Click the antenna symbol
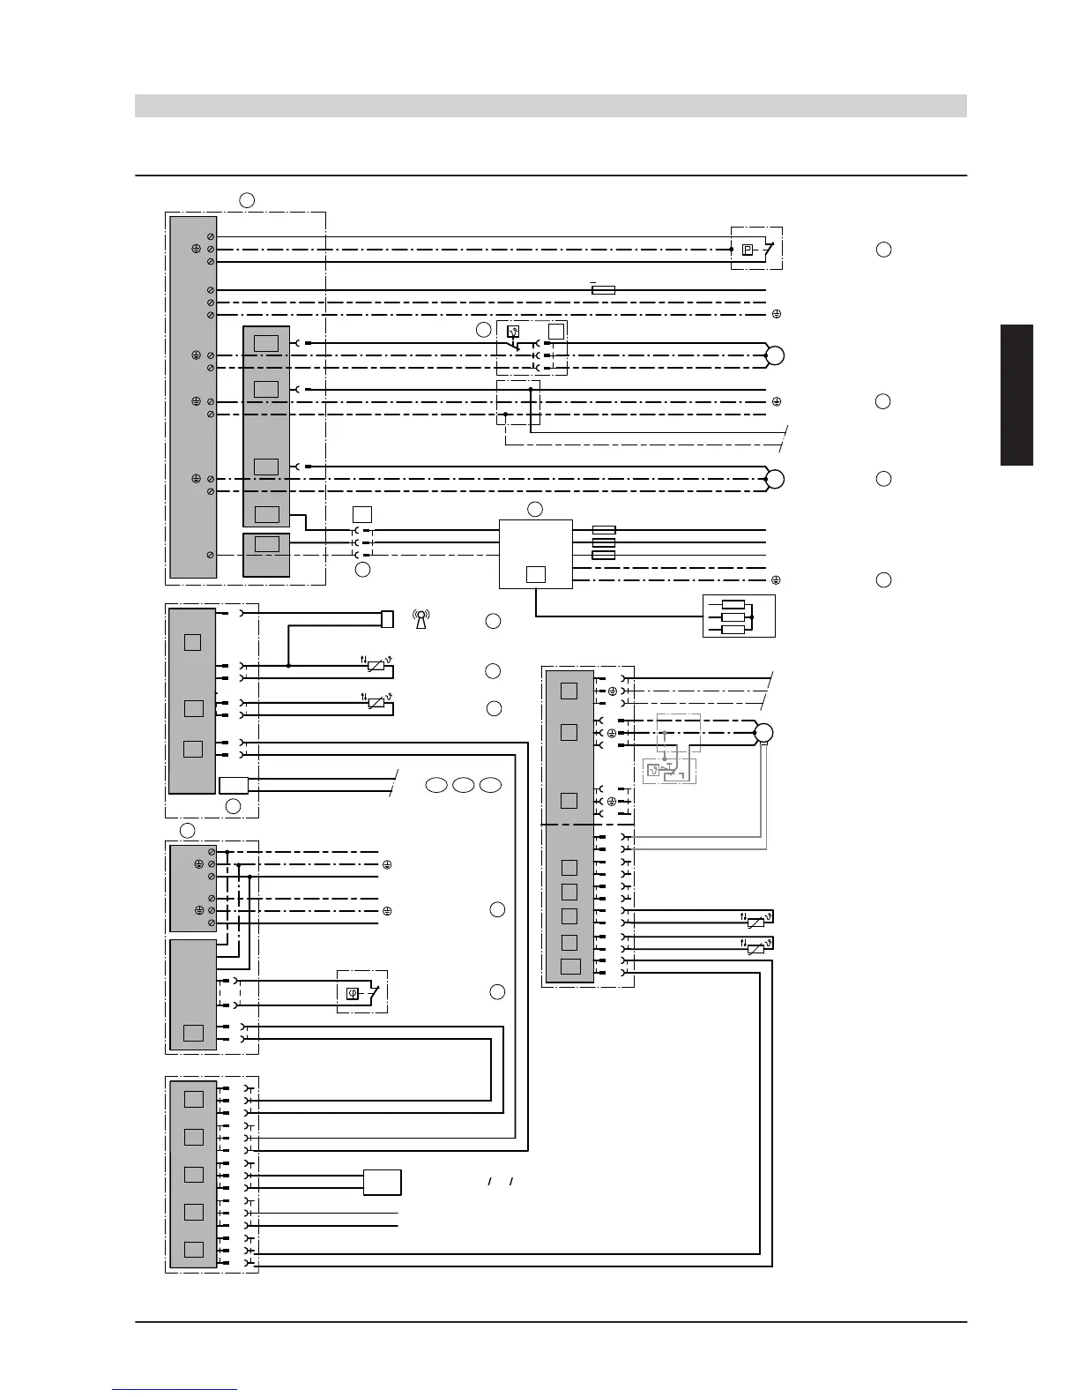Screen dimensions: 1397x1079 click(421, 620)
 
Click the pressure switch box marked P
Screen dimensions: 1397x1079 click(748, 250)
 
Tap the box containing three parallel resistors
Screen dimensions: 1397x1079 click(739, 616)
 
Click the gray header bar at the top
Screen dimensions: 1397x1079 click(550, 106)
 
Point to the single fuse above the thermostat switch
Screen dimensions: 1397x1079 click(603, 289)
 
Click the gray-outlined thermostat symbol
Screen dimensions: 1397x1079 click(653, 771)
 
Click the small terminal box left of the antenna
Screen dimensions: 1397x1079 click(387, 619)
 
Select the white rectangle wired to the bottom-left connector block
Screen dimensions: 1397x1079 click(383, 1182)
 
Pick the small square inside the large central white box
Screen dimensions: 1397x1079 click(535, 575)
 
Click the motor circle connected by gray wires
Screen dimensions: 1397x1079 click(763, 734)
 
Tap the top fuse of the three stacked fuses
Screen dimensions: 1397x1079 click(603, 531)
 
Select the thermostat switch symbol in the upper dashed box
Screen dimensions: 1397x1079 click(512, 333)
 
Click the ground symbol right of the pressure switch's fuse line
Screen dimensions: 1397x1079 click(777, 314)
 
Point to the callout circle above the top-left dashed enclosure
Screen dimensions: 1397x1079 click(247, 200)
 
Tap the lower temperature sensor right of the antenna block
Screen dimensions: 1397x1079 click(376, 703)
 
